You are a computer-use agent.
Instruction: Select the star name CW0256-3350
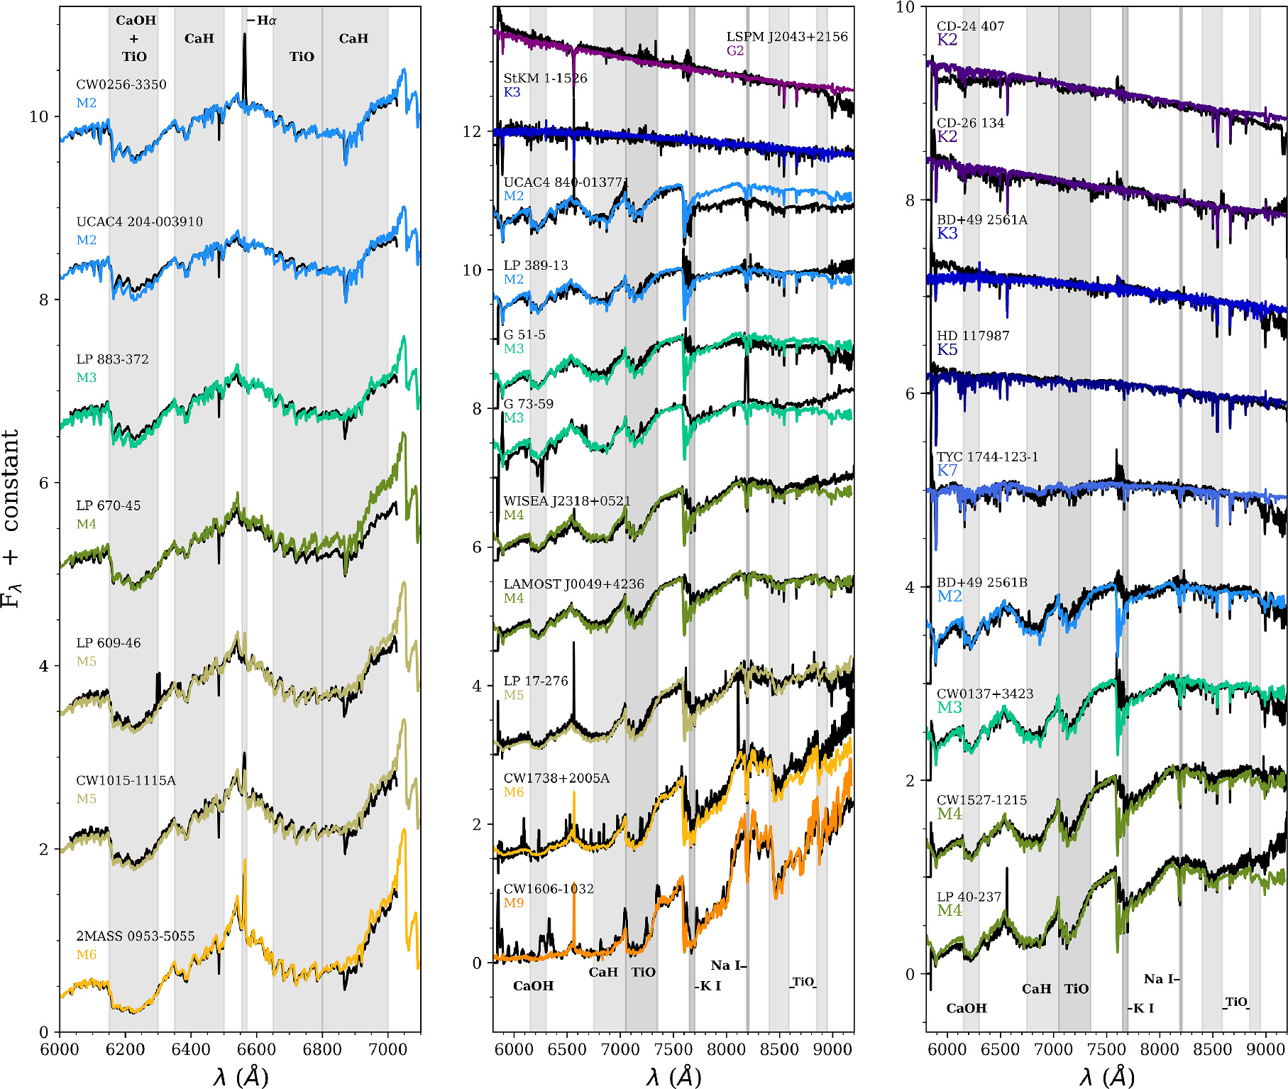[121, 84]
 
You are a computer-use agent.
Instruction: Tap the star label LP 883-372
[113, 359]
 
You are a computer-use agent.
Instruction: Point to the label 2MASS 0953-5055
[136, 936]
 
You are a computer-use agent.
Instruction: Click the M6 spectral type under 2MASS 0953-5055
[87, 955]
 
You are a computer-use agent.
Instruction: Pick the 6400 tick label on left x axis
[191, 1049]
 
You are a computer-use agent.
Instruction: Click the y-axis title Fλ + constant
[11, 519]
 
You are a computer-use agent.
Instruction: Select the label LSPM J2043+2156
[787, 37]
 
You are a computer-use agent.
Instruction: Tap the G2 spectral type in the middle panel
[735, 50]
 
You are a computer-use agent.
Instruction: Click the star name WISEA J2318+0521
[567, 501]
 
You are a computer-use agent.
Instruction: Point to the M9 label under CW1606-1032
[514, 903]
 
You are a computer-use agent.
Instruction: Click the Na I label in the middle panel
[727, 965]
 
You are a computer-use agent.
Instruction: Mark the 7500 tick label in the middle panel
[673, 1049]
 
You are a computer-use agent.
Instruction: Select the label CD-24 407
[971, 26]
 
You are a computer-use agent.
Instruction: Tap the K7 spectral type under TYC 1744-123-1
[947, 470]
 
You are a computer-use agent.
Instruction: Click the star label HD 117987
[973, 336]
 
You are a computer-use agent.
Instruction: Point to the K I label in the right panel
[1143, 1008]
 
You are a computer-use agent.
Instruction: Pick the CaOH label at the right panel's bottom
[967, 1008]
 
